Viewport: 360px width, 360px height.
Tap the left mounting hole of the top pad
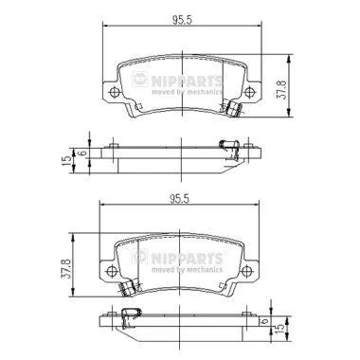[114, 92]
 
